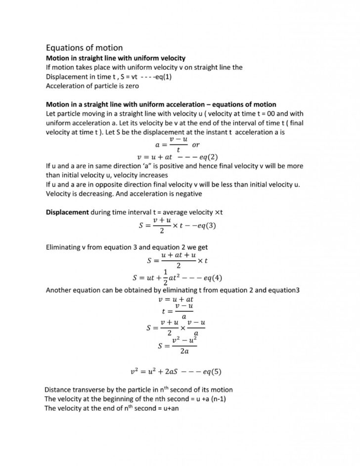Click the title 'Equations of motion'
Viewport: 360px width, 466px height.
pos(84,48)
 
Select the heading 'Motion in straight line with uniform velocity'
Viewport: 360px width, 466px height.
pos(115,58)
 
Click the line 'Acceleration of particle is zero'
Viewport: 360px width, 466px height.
pos(92,86)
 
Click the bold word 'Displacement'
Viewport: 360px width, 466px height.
pos(67,212)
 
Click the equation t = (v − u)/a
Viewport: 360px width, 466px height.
pos(177,311)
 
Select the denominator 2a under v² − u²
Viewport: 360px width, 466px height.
pos(184,352)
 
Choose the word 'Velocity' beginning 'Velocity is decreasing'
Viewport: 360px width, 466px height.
pos(59,193)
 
